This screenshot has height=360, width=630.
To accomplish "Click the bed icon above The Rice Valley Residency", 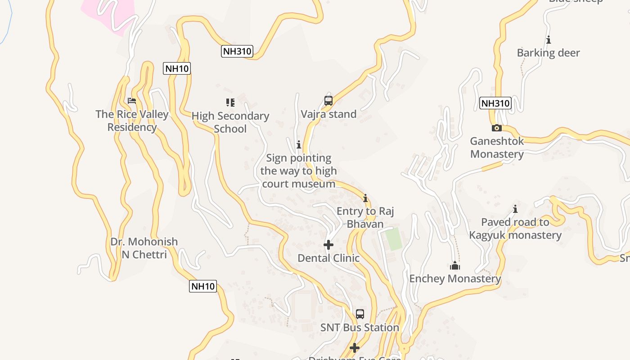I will pyautogui.click(x=132, y=101).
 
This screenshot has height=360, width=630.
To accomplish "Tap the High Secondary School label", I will pyautogui.click(x=230, y=122).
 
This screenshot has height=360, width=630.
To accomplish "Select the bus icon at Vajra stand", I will pyautogui.click(x=328, y=101).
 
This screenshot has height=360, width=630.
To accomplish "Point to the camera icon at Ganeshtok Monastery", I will pyautogui.click(x=497, y=128).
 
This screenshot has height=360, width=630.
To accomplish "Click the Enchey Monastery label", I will pyautogui.click(x=455, y=279).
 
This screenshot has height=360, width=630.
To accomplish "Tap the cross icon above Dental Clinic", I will pyautogui.click(x=328, y=245).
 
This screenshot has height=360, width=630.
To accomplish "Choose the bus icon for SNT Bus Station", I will pyautogui.click(x=360, y=314).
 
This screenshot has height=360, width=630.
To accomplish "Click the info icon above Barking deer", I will pyautogui.click(x=549, y=40).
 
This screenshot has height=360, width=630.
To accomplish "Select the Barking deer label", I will pyautogui.click(x=549, y=53).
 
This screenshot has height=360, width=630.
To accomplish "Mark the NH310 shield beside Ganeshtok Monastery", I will pyautogui.click(x=495, y=103).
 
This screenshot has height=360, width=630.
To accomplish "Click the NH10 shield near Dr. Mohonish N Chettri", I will pyautogui.click(x=203, y=286).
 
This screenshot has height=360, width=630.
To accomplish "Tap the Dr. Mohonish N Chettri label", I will pyautogui.click(x=144, y=248).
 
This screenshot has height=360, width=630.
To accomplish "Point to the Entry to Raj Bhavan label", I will pyautogui.click(x=365, y=217).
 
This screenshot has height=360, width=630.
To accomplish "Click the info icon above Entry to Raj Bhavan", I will pyautogui.click(x=365, y=198).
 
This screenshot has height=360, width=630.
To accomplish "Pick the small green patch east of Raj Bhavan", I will pyautogui.click(x=394, y=240).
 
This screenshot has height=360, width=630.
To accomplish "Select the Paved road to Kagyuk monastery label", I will pyautogui.click(x=515, y=229).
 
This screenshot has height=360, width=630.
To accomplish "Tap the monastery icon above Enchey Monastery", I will pyautogui.click(x=455, y=266).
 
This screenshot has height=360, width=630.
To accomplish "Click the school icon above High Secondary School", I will pyautogui.click(x=230, y=103).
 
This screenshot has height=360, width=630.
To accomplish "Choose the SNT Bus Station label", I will pyautogui.click(x=360, y=327).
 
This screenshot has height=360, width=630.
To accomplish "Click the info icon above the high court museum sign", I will pyautogui.click(x=298, y=144).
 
